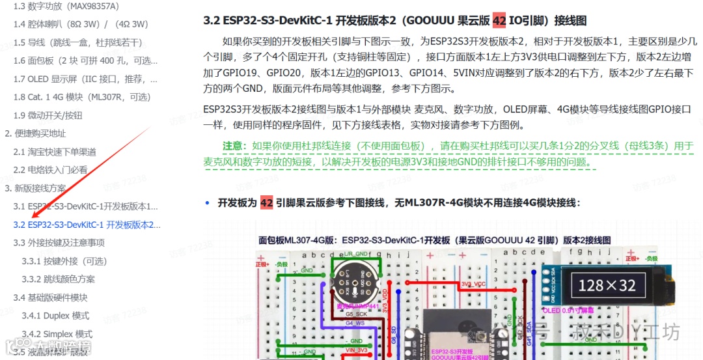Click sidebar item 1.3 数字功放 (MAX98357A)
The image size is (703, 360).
[66, 6]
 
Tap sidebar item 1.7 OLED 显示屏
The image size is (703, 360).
[85, 79]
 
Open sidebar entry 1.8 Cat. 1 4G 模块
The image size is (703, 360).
[85, 97]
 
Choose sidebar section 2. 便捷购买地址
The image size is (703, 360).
[35, 133]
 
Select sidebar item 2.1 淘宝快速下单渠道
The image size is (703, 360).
[55, 152]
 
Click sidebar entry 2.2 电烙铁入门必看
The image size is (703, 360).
[50, 170]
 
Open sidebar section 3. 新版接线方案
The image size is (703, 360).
[35, 188]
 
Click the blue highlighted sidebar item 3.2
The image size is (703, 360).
[87, 225]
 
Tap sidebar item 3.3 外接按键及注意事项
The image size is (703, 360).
[59, 243]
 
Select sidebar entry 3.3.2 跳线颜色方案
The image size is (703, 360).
[58, 279]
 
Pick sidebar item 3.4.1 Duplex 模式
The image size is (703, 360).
[55, 316]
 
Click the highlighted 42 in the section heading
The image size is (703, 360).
[499, 20]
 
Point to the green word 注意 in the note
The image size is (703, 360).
[233, 146]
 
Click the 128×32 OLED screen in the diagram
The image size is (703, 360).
[607, 285]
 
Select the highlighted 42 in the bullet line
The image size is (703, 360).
[266, 202]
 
